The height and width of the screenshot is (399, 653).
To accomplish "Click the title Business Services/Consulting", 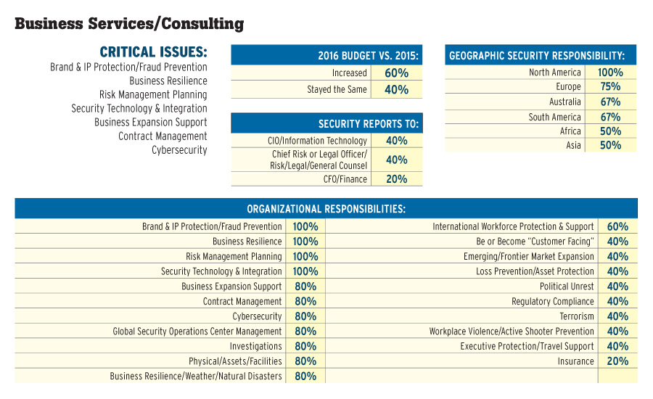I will pos(129,24).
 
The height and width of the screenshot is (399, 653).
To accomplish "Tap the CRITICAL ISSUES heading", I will pos(153,52).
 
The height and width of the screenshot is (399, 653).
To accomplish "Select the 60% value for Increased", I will pos(396,73).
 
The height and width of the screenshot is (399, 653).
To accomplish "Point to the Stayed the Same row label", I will pos(337,90).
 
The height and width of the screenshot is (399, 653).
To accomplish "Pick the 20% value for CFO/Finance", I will pos(396,179).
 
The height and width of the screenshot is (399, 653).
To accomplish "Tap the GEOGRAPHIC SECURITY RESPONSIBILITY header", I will pos(537,56).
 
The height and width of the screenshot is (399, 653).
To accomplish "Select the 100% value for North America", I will pos(610,73).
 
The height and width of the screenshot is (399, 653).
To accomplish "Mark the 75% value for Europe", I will pos(610,87).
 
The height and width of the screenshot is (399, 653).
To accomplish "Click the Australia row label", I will pos(564,102).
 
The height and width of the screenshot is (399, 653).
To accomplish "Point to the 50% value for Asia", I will pos(610,146).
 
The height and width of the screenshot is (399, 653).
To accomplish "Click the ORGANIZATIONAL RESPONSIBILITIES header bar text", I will pos(326,209).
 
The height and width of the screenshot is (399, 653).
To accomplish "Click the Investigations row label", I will pos(255,347).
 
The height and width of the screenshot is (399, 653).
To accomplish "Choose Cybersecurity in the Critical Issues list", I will pos(179,150).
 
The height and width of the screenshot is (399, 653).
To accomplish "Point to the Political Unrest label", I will pos(567,287).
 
